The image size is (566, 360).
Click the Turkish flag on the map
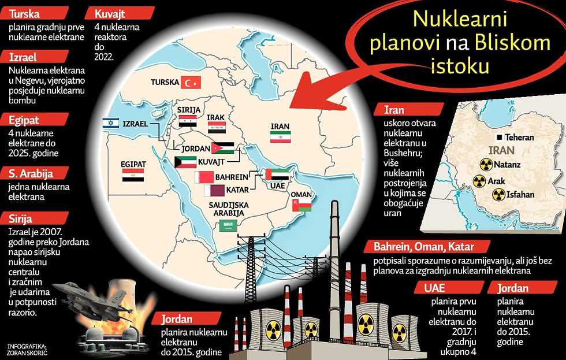(191, 82)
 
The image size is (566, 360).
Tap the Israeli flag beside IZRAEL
(110, 123)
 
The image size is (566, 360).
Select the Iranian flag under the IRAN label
(280, 136)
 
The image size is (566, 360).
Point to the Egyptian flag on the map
(133, 175)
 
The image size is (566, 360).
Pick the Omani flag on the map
(301, 205)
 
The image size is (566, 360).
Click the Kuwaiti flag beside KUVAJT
(185, 161)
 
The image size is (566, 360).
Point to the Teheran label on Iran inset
(519, 138)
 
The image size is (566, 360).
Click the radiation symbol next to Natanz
(484, 164)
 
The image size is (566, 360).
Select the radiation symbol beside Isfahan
(497, 195)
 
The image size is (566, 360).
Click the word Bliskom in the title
(509, 42)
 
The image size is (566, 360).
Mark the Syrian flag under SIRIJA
(188, 121)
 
